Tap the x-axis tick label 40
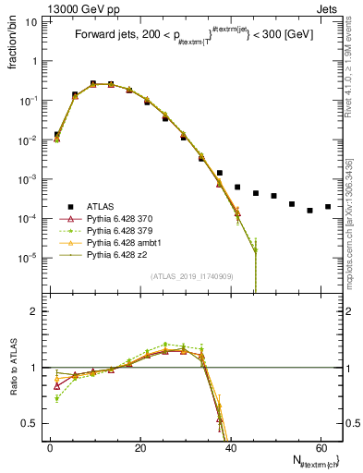click(x=229, y=447)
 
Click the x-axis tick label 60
click(x=320, y=447)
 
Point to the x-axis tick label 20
click(x=139, y=447)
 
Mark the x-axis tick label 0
click(x=50, y=447)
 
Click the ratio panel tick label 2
click(x=32, y=312)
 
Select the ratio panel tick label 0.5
click(x=29, y=423)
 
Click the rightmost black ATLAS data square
click(x=328, y=207)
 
